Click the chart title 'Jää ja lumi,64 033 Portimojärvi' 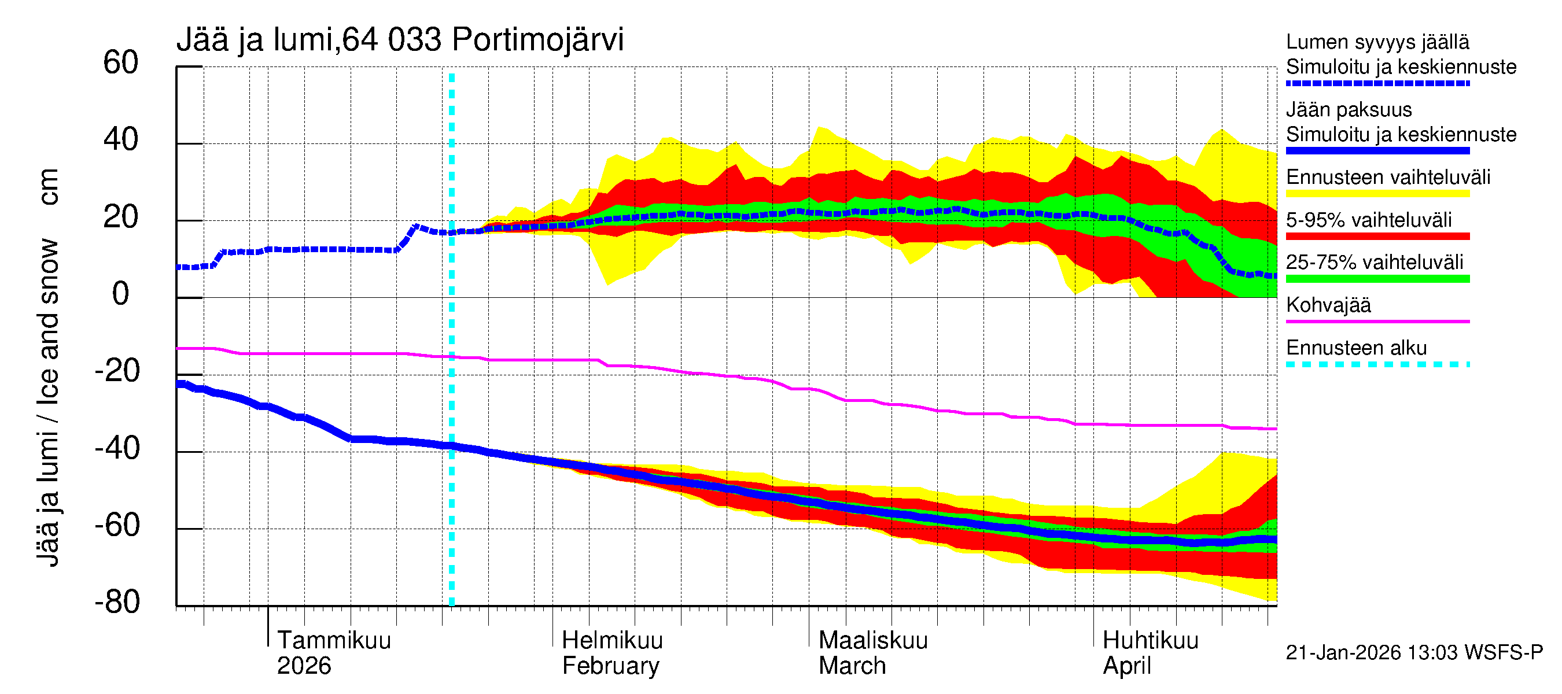pos(400,40)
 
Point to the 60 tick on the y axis pos(121,63)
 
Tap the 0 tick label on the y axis pos(121,294)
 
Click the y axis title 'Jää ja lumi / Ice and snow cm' pos(49,367)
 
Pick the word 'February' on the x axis pos(610,666)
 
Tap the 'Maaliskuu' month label pos(872,641)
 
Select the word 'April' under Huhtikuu pos(1126,666)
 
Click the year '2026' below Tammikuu pos(304,666)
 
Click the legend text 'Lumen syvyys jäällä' pos(1377,42)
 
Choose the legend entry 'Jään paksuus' pos(1349,110)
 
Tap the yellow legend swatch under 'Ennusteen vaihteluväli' pos(1377,194)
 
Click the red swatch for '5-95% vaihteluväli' pos(1377,237)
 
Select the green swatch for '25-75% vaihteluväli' pos(1377,279)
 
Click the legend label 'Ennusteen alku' pos(1356,349)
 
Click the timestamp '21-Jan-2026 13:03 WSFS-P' pos(1413,653)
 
